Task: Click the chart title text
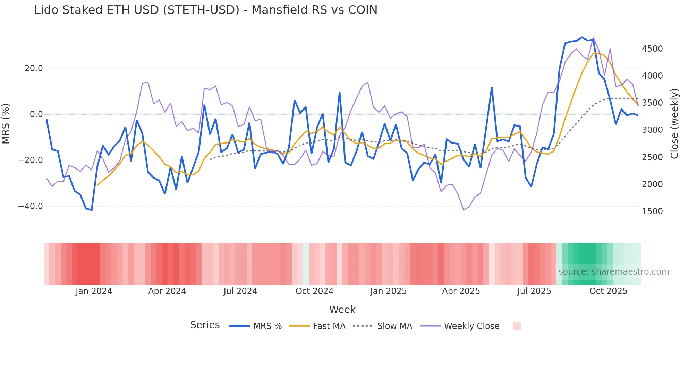tap(205, 10)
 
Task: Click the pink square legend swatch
tap(517, 326)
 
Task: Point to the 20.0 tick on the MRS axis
tap(34, 68)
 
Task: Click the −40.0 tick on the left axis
tap(31, 206)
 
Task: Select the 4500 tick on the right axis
tap(652, 49)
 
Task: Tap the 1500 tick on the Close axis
tap(652, 211)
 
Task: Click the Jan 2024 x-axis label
tap(94, 291)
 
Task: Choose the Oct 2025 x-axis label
tap(608, 291)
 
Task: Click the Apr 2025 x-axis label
tap(461, 291)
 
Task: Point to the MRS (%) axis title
tap(6, 123)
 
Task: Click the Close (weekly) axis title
tap(674, 123)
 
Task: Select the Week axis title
tap(342, 310)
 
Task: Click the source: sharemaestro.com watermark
tap(613, 272)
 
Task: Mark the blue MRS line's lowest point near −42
tap(92, 210)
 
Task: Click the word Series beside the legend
tap(205, 325)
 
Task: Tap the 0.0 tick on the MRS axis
tap(36, 114)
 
